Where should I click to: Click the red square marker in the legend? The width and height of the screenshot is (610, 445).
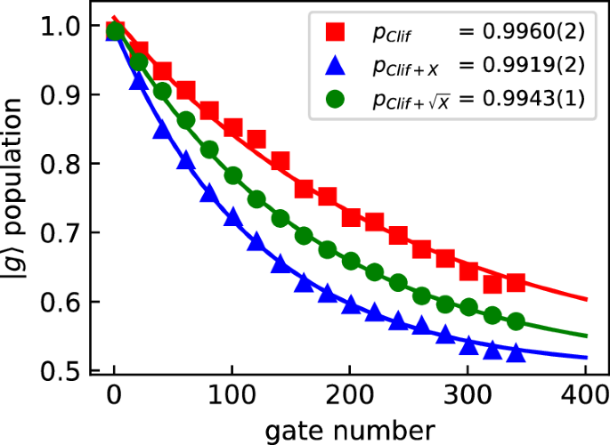point(336,33)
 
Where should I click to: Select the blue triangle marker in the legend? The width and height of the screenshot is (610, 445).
point(336,66)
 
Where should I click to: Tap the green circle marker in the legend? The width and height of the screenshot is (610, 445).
point(336,98)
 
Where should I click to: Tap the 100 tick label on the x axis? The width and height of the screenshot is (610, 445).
point(232,394)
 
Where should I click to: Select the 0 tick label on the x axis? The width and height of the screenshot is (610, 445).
point(114,394)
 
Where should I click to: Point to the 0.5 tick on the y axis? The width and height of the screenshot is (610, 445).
point(68,371)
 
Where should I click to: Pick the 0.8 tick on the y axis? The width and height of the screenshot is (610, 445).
point(68,164)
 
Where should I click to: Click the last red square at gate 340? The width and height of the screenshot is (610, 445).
point(516,282)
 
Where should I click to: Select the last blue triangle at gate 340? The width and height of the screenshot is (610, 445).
point(516,353)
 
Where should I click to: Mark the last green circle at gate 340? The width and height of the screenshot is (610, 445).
point(516,321)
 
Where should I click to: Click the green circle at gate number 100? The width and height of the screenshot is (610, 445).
point(232,175)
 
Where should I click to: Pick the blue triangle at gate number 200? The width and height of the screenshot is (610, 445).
point(351,305)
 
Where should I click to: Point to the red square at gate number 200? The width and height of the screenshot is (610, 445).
point(351,217)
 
